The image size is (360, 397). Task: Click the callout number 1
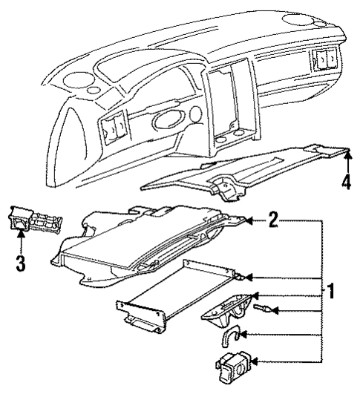[332, 292]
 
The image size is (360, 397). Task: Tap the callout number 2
[274, 219]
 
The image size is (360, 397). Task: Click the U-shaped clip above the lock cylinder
[228, 338]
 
